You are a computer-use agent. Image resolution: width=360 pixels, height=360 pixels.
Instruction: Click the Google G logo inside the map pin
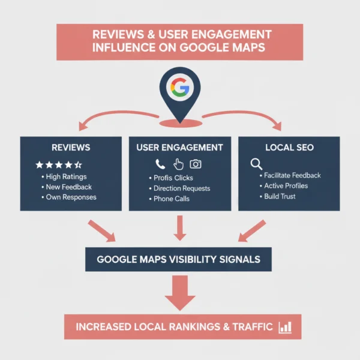pos(179,88)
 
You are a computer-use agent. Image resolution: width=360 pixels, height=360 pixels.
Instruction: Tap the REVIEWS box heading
pos(71,147)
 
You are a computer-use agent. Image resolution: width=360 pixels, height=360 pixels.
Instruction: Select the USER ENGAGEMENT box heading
pos(179,147)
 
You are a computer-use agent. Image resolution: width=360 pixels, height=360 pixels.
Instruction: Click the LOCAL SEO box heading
pos(289,147)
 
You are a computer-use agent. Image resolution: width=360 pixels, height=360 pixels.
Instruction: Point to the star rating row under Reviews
pos(59,164)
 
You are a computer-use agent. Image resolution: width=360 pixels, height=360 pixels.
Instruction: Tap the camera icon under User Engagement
pos(196,164)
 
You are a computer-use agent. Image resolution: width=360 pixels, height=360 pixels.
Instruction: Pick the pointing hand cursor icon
pos(178,164)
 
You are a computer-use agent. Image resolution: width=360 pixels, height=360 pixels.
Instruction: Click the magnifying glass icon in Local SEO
pos(256,163)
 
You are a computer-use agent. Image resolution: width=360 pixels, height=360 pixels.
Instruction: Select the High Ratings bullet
pos(66,177)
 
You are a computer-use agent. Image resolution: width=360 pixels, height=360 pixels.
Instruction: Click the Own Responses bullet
pos(71,197)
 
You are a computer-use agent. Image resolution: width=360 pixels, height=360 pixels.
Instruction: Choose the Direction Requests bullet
pos(181,188)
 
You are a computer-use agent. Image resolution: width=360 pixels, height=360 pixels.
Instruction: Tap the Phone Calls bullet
pos(172,199)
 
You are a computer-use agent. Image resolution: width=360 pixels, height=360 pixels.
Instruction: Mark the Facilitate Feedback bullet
pos(292,175)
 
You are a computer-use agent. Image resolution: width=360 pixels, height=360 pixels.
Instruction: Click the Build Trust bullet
pos(280,196)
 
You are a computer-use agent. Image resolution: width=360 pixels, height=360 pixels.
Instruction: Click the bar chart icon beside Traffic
pos(284,327)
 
